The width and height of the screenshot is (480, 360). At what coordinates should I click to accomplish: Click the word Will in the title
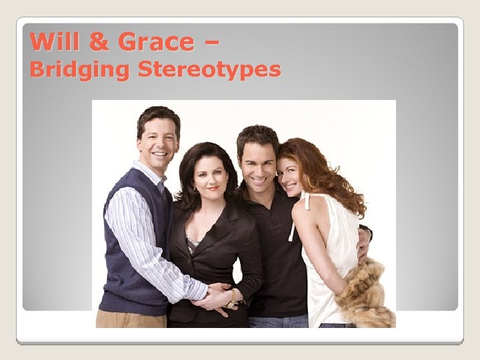click(55, 42)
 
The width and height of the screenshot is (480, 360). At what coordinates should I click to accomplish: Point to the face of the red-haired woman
click(291, 175)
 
